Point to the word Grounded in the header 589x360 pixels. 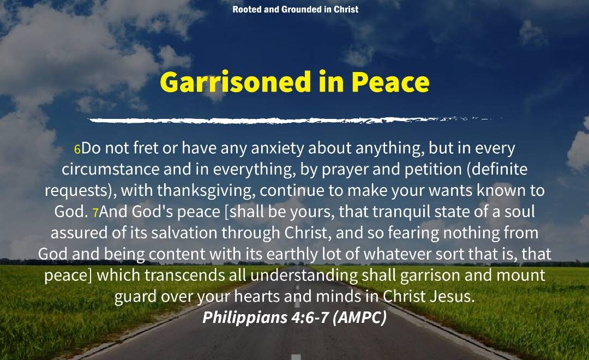coord(301,9)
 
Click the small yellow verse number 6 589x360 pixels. coord(77,149)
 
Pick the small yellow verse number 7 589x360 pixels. coord(95,213)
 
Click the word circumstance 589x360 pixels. coord(110,170)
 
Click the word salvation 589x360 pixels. coord(184,233)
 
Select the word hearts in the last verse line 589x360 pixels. coord(257,297)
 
